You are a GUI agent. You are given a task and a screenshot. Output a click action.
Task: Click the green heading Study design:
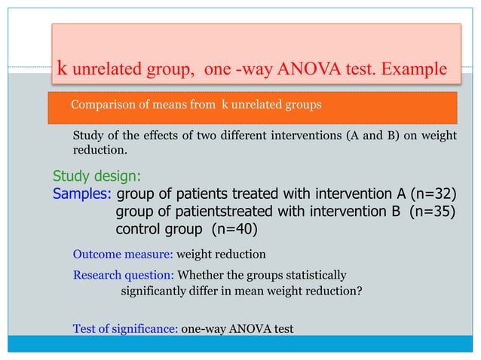[x=96, y=177]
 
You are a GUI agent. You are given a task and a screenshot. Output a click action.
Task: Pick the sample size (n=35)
[x=432, y=211]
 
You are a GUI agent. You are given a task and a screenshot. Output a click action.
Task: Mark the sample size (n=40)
[x=234, y=228]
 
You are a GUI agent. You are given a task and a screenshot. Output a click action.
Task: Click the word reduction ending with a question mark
[x=333, y=291]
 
